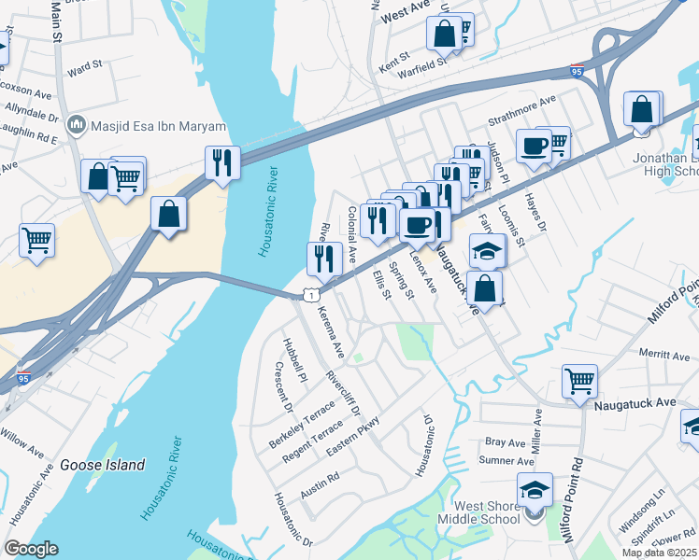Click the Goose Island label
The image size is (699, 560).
[x=103, y=465]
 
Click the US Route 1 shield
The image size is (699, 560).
[x=307, y=295]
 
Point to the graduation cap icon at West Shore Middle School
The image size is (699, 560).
[x=535, y=490]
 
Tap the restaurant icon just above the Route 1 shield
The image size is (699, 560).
[x=323, y=259]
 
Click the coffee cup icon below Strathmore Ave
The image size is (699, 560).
[x=534, y=147]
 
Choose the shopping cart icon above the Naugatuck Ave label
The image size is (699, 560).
[x=579, y=380]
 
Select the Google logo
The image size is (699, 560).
[x=32, y=548]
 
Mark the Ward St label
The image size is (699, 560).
[x=84, y=68]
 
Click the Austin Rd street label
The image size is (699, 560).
[x=320, y=483]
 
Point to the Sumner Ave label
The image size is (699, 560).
[x=506, y=461]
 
